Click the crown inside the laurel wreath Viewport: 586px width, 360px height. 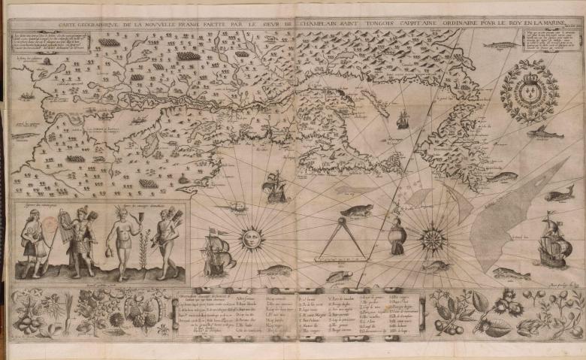(x=530, y=77)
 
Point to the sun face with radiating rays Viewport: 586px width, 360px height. (x=250, y=239)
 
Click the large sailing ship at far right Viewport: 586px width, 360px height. (x=554, y=243)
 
